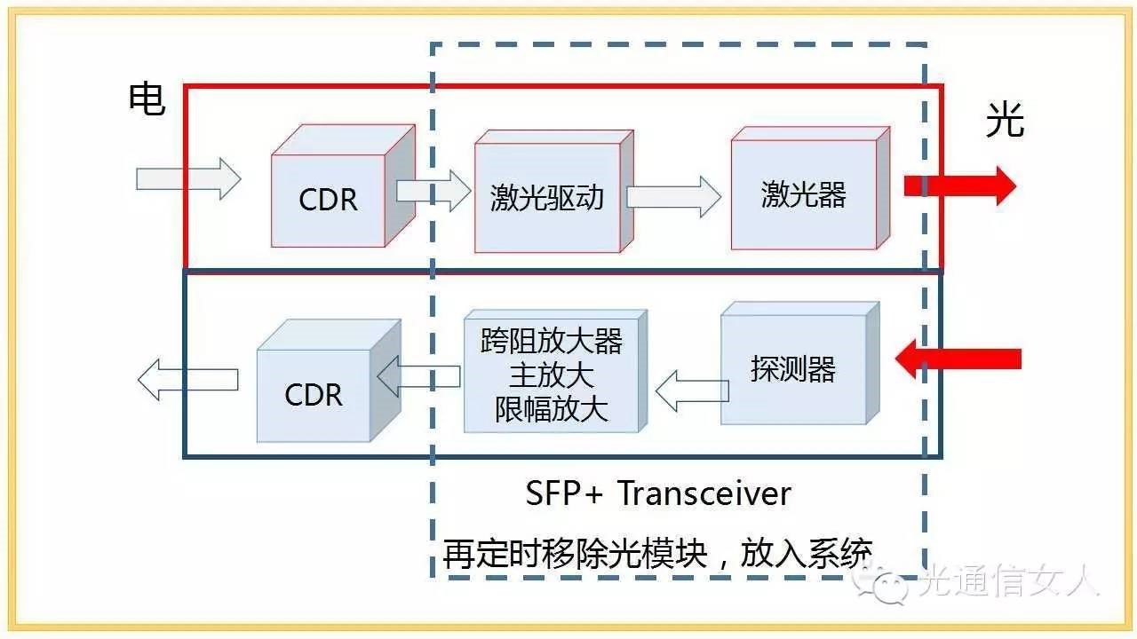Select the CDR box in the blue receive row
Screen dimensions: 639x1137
point(314,394)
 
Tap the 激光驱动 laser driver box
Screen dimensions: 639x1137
point(547,197)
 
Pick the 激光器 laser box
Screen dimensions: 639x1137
point(803,194)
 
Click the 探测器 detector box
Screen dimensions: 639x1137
point(792,369)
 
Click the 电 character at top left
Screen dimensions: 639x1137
point(147,99)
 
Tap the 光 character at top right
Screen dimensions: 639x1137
point(1005,120)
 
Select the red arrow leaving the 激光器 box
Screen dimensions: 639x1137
point(959,185)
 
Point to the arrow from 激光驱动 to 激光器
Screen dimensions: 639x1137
point(673,196)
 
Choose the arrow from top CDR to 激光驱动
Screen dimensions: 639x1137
point(433,191)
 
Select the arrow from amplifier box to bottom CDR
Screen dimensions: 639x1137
point(418,377)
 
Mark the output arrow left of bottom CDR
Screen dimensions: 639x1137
point(187,379)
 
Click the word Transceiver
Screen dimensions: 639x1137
point(704,493)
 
